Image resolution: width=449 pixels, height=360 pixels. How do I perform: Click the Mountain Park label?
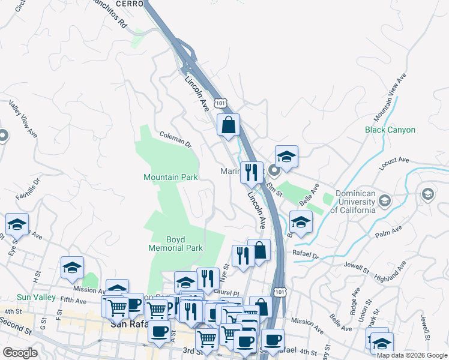tap(170, 178)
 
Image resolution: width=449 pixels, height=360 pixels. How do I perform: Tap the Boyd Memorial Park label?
tap(175, 242)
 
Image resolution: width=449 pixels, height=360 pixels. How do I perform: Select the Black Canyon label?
tap(390, 130)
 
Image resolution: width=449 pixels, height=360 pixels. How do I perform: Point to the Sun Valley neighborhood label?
tap(36, 297)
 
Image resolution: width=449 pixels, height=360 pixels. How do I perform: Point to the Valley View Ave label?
tap(23, 119)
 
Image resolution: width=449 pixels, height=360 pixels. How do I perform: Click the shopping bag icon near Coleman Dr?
tap(228, 125)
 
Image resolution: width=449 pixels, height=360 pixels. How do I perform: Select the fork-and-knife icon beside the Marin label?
tap(252, 172)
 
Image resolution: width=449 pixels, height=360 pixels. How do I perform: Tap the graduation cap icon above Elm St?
tap(286, 157)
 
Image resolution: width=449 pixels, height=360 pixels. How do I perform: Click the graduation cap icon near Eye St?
tap(17, 224)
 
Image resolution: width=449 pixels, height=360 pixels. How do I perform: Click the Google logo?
tap(20, 353)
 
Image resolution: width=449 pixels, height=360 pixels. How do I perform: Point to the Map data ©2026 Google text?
tap(412, 355)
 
